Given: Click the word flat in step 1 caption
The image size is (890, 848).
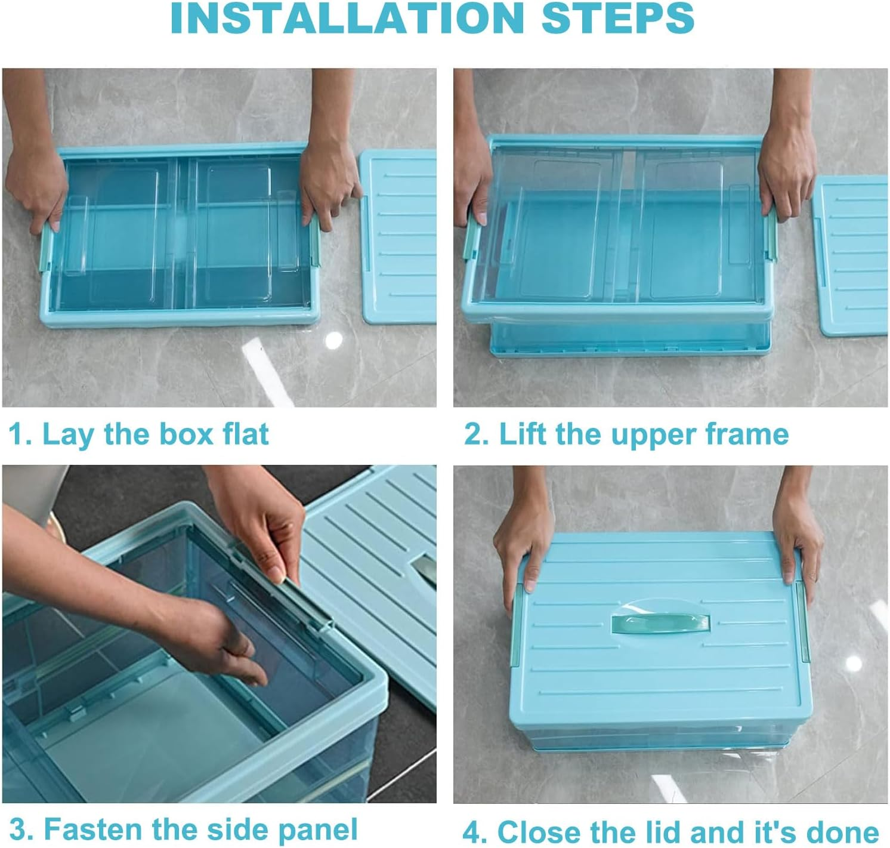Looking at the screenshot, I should coord(246,434).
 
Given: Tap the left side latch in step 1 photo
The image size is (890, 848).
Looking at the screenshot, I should coord(47,246).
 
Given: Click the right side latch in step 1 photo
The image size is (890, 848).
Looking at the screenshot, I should coord(314,242).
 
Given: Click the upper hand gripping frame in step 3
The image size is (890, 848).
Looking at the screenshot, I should coord(268,525).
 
